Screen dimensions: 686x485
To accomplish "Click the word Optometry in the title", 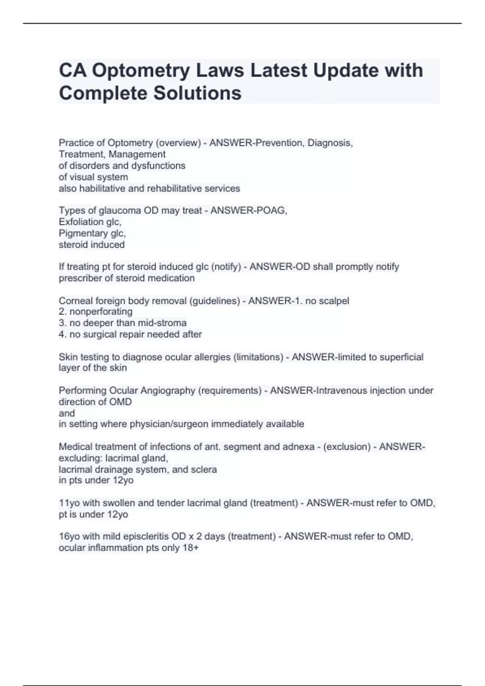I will (141, 71).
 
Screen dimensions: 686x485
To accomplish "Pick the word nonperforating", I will (101, 312).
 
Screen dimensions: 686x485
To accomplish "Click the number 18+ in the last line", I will (191, 548).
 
